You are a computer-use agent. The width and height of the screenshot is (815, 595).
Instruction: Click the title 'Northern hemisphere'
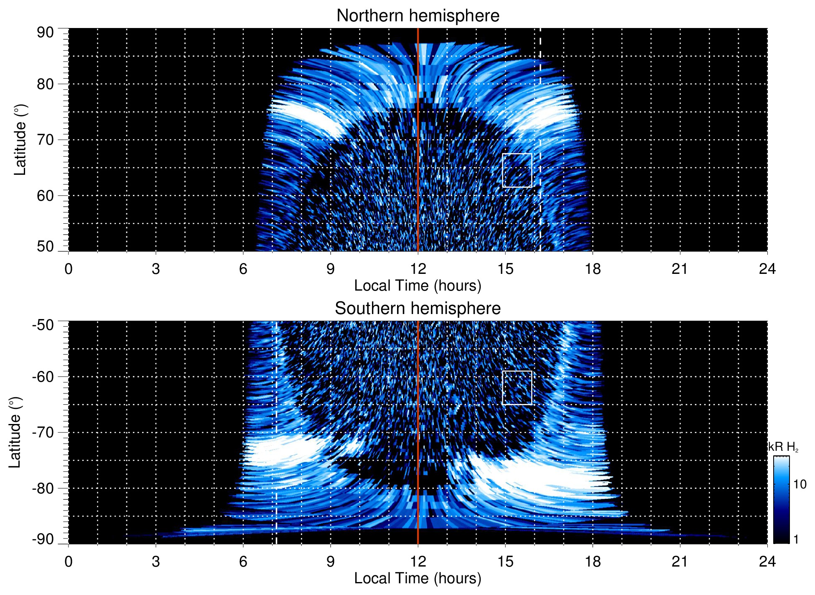point(418,16)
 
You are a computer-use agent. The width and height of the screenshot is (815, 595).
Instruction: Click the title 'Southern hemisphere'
point(418,309)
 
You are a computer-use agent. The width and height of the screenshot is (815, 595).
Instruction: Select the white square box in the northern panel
point(517,170)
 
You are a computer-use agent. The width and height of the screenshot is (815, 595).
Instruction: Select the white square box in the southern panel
point(517,388)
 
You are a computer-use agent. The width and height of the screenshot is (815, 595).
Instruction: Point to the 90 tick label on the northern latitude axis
point(45,33)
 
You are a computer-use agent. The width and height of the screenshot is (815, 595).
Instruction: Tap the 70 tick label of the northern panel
point(45,140)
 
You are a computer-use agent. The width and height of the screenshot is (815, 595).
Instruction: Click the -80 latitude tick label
point(43,488)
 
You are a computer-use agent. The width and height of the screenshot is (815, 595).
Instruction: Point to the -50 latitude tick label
point(43,325)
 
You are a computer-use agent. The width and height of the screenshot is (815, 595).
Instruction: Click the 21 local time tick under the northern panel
point(680,268)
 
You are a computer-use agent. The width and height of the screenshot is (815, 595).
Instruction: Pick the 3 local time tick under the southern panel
point(156,561)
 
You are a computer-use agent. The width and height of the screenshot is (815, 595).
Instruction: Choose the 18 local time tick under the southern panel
point(593,561)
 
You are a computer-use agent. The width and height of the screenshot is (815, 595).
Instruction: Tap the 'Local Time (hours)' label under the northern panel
point(418,286)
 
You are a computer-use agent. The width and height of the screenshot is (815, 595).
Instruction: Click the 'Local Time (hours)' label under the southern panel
point(418,578)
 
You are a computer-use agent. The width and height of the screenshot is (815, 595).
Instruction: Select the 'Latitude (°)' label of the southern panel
point(15,432)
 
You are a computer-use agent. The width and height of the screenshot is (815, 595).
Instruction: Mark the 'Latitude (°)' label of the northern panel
point(20,140)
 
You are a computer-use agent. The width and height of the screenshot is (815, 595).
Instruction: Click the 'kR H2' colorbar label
point(783,447)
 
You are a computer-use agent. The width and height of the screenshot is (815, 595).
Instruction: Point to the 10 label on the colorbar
point(800,484)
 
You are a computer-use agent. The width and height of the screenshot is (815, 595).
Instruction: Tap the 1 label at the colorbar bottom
point(796,539)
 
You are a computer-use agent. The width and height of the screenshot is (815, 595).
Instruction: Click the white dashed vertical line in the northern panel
point(540,125)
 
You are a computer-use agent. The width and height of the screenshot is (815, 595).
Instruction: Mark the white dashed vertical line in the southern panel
point(276,418)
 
